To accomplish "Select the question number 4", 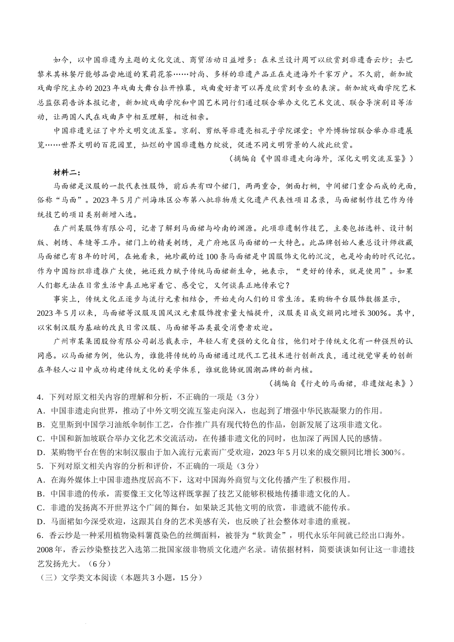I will click(39, 397).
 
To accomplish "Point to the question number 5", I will click(39, 466).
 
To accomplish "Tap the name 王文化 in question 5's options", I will click(125, 494).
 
